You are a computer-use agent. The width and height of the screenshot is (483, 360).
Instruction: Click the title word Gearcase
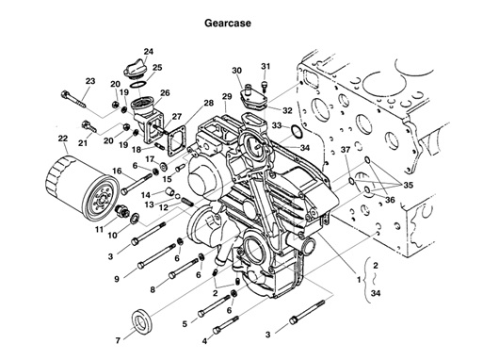tap(228, 24)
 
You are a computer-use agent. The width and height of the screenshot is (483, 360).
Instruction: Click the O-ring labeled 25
tap(138, 85)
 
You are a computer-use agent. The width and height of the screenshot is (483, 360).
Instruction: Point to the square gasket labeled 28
tap(178, 140)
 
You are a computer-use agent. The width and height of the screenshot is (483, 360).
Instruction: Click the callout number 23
tap(90, 81)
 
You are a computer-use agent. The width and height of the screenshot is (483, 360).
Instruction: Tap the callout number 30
tap(237, 71)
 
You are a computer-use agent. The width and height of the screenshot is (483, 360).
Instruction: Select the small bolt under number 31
tap(265, 87)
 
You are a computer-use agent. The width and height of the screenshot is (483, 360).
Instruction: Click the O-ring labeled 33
tap(296, 131)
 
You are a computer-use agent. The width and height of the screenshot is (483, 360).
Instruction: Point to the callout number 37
tap(346, 150)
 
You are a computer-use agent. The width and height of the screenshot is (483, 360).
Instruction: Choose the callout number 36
tap(390, 200)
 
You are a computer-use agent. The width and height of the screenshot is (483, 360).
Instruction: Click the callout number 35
tap(408, 185)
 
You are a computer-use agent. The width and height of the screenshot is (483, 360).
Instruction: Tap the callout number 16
tap(117, 172)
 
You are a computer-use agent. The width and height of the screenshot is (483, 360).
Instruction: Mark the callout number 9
tap(117, 279)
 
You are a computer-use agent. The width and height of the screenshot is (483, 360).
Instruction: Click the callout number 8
tap(153, 289)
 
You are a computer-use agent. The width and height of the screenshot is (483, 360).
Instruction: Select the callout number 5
tap(185, 323)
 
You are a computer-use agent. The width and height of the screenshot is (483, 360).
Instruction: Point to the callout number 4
tap(204, 341)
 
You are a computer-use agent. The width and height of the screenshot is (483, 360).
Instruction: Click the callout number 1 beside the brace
tap(359, 279)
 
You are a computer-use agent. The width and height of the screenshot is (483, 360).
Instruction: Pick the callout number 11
tap(99, 230)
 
